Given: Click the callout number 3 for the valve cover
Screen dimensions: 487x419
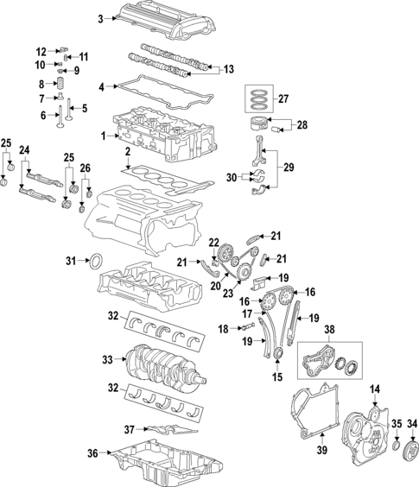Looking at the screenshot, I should point(99,18).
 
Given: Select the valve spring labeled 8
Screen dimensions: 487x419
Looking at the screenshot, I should point(61,85).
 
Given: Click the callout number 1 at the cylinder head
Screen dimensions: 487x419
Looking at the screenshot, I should point(103,136).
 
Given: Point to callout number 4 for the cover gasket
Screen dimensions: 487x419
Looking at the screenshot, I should point(101,86).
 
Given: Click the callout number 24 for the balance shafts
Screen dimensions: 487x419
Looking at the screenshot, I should point(25,150).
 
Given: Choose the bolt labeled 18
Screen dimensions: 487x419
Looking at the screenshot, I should point(246,329).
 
